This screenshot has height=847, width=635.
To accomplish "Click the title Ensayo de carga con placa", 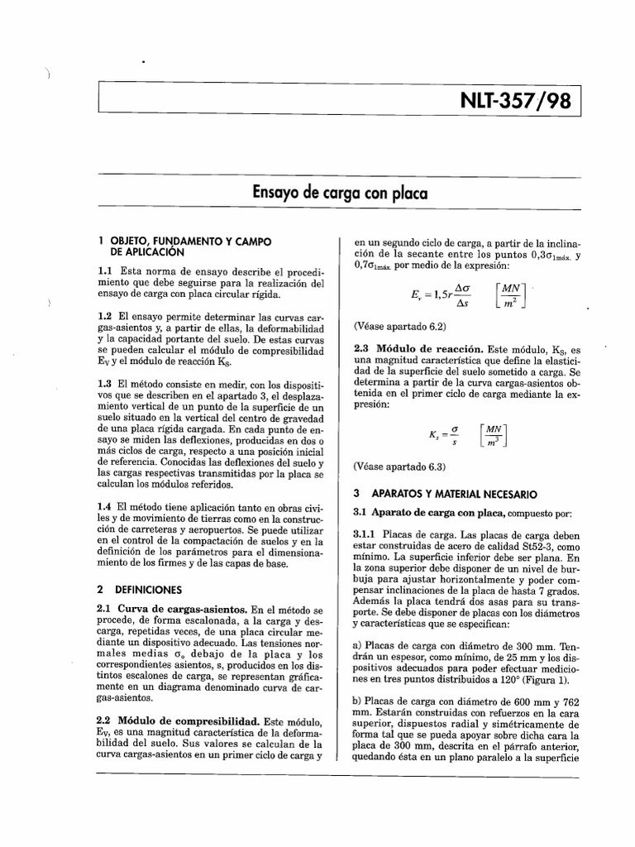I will click(x=340, y=194).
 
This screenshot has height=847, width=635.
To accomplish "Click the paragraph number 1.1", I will click(x=107, y=270).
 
